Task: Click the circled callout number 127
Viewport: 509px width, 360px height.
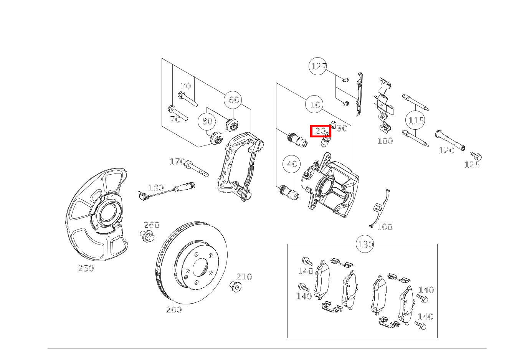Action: pyautogui.click(x=318, y=66)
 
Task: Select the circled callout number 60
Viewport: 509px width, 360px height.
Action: pyautogui.click(x=233, y=100)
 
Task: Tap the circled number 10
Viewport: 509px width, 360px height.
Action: pyautogui.click(x=314, y=104)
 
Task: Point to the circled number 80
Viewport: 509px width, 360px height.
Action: pyautogui.click(x=207, y=121)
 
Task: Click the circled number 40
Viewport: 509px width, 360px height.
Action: pyautogui.click(x=291, y=164)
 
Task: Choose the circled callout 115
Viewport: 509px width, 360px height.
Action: pyautogui.click(x=415, y=120)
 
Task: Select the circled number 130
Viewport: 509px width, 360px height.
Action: pyautogui.click(x=365, y=244)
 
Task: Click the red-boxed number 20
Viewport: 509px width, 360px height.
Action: pyautogui.click(x=321, y=131)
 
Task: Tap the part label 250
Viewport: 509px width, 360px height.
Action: pyautogui.click(x=86, y=268)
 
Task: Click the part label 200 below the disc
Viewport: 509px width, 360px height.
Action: pyautogui.click(x=174, y=310)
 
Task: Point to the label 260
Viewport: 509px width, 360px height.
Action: pyautogui.click(x=152, y=225)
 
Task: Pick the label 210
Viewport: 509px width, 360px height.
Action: pyautogui.click(x=244, y=277)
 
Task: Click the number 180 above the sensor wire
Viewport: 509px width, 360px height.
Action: pyautogui.click(x=156, y=188)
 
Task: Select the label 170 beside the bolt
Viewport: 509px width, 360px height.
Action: pyautogui.click(x=177, y=162)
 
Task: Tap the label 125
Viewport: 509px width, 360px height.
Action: pyautogui.click(x=472, y=165)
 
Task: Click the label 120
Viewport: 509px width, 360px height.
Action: pyautogui.click(x=446, y=150)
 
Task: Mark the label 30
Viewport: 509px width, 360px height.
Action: pyautogui.click(x=342, y=129)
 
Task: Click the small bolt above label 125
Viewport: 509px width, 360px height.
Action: pyautogui.click(x=476, y=156)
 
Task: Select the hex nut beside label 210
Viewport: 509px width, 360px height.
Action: pyautogui.click(x=235, y=286)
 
